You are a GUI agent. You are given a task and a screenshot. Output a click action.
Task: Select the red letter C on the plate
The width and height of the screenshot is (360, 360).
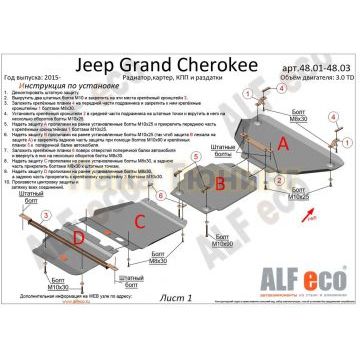tap(141, 219)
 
